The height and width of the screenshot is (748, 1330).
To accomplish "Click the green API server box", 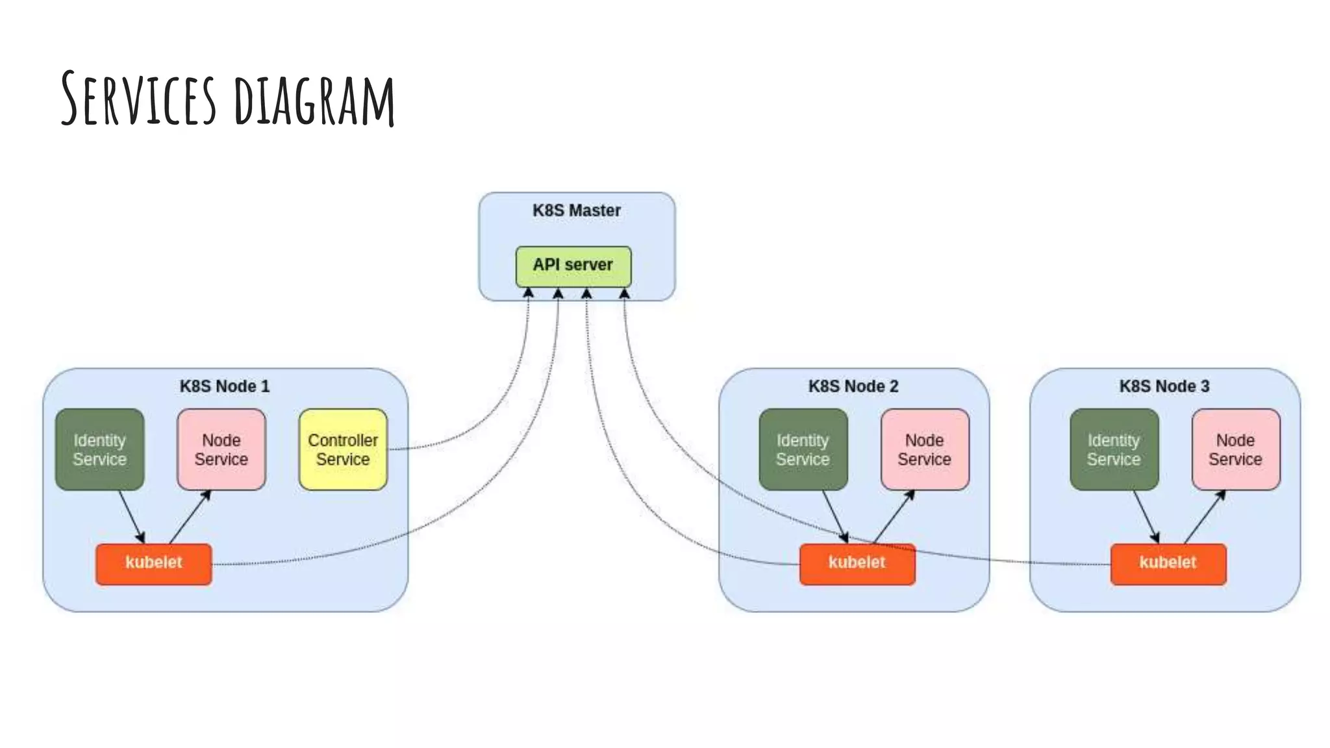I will pos(573,266).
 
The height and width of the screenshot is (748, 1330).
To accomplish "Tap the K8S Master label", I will pos(576,210).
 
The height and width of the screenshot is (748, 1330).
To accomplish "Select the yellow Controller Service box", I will pos(343,449).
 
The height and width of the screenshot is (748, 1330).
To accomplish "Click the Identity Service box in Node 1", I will pos(99,449).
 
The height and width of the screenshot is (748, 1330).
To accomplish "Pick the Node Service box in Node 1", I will pos(221,449).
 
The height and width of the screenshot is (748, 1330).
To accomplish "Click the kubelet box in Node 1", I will pos(153,564).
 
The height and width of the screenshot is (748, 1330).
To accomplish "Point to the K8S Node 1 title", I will pos(224,386).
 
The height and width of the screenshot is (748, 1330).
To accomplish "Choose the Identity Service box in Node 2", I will pos(803,449).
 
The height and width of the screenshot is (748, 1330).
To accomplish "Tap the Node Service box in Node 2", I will pos(924,449).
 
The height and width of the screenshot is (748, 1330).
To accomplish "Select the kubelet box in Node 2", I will pos(857,564).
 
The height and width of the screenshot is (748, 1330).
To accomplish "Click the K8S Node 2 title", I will pos(853,386).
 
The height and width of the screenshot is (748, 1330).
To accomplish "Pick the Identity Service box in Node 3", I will pos(1114,449).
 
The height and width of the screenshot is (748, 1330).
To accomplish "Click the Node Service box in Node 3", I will pos(1235,449).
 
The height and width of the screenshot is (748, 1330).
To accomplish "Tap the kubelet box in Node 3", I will pos(1168,564).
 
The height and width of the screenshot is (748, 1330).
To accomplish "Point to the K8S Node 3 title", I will pos(1164,386).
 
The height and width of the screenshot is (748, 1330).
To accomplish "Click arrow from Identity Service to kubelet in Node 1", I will pos(131,517).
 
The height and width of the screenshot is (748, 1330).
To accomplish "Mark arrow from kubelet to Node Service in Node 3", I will pos(1205,517).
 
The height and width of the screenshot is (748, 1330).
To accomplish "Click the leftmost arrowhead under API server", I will pos(529,293).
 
